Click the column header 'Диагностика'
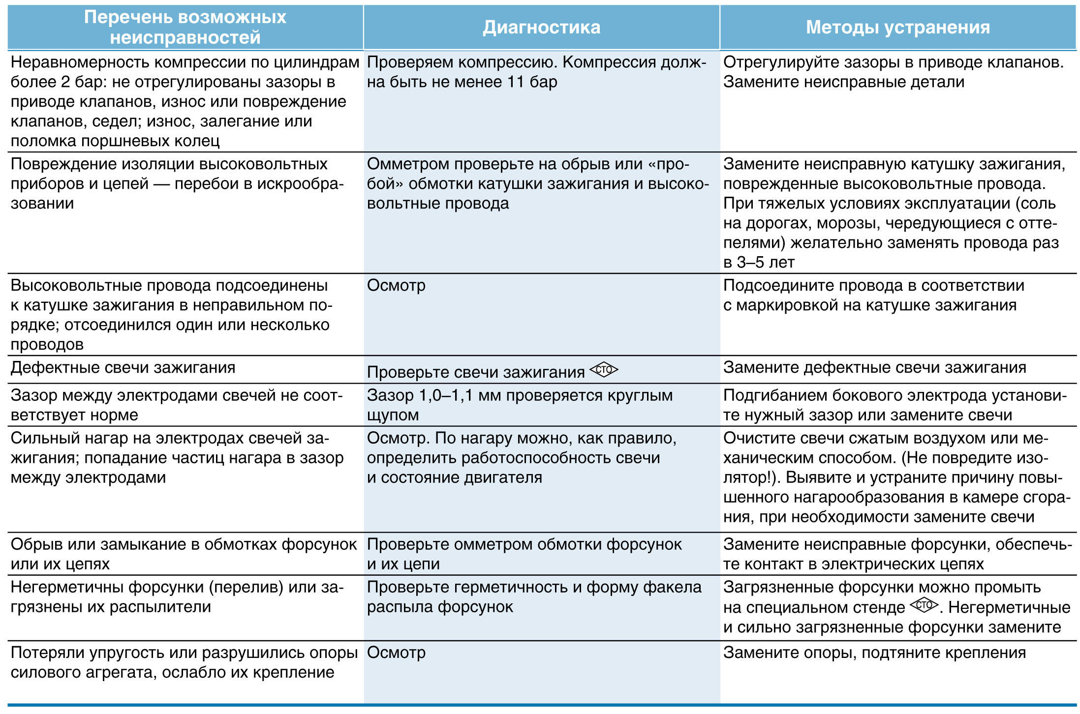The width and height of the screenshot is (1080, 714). tap(541, 28)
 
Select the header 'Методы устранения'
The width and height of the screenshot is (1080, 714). tap(897, 28)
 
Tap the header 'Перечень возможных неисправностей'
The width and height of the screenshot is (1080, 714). tap(185, 28)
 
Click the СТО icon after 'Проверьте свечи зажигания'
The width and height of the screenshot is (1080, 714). tap(604, 370)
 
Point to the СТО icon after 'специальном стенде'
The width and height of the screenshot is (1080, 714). tap(924, 605)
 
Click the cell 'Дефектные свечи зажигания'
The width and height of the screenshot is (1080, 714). tap(123, 368)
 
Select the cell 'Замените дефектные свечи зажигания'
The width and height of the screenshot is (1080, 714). tap(874, 368)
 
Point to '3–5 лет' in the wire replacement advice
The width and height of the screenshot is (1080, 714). tap(759, 263)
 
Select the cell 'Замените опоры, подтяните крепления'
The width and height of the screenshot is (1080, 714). tap(874, 653)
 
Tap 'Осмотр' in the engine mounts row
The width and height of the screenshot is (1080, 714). tap(396, 653)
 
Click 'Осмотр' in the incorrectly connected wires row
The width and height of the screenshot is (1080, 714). tap(396, 286)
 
